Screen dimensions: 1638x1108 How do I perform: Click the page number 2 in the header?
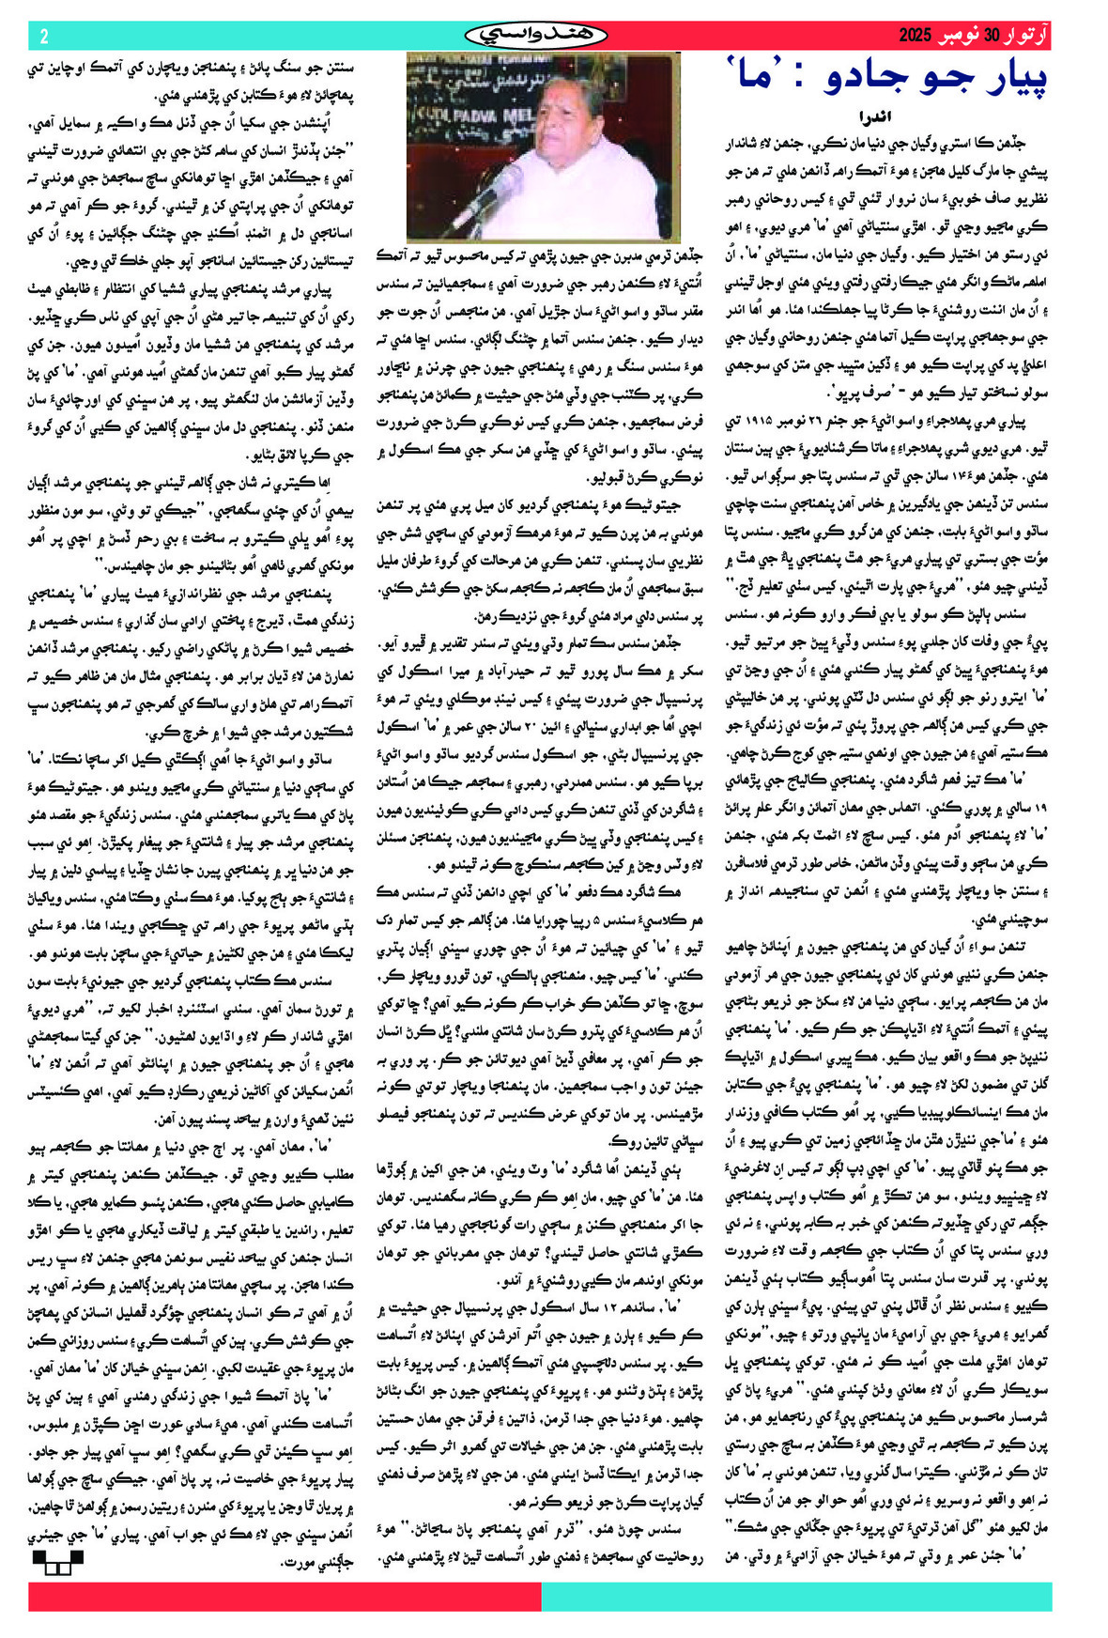(x=43, y=36)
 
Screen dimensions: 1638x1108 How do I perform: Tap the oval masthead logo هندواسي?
(x=536, y=36)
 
